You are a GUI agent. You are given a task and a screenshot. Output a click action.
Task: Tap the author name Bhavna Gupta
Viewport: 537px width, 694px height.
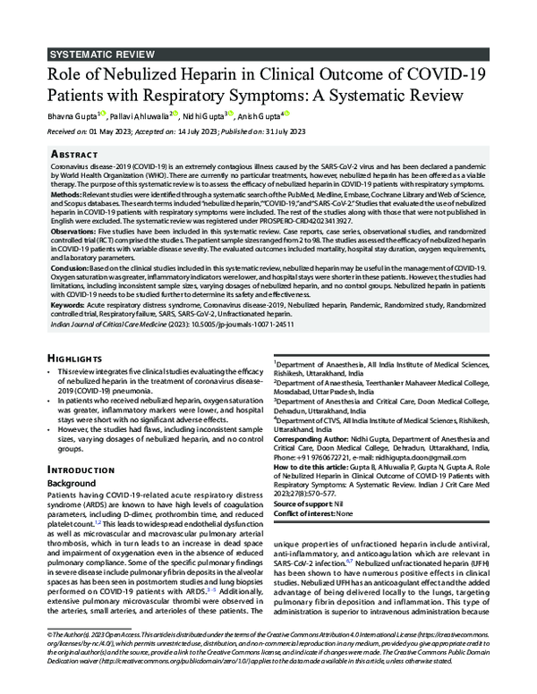click(x=72, y=114)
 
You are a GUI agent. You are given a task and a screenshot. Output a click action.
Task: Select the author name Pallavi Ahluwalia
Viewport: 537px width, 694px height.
click(x=144, y=114)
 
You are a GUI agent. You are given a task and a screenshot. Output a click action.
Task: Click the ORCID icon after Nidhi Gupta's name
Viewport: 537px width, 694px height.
click(x=231, y=114)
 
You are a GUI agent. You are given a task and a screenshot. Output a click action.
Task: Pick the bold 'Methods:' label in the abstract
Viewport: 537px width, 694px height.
click(x=66, y=192)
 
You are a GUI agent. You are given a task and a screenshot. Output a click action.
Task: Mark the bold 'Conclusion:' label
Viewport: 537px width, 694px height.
click(x=70, y=267)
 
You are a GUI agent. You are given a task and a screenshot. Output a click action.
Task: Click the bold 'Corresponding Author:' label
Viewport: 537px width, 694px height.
click(x=312, y=441)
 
